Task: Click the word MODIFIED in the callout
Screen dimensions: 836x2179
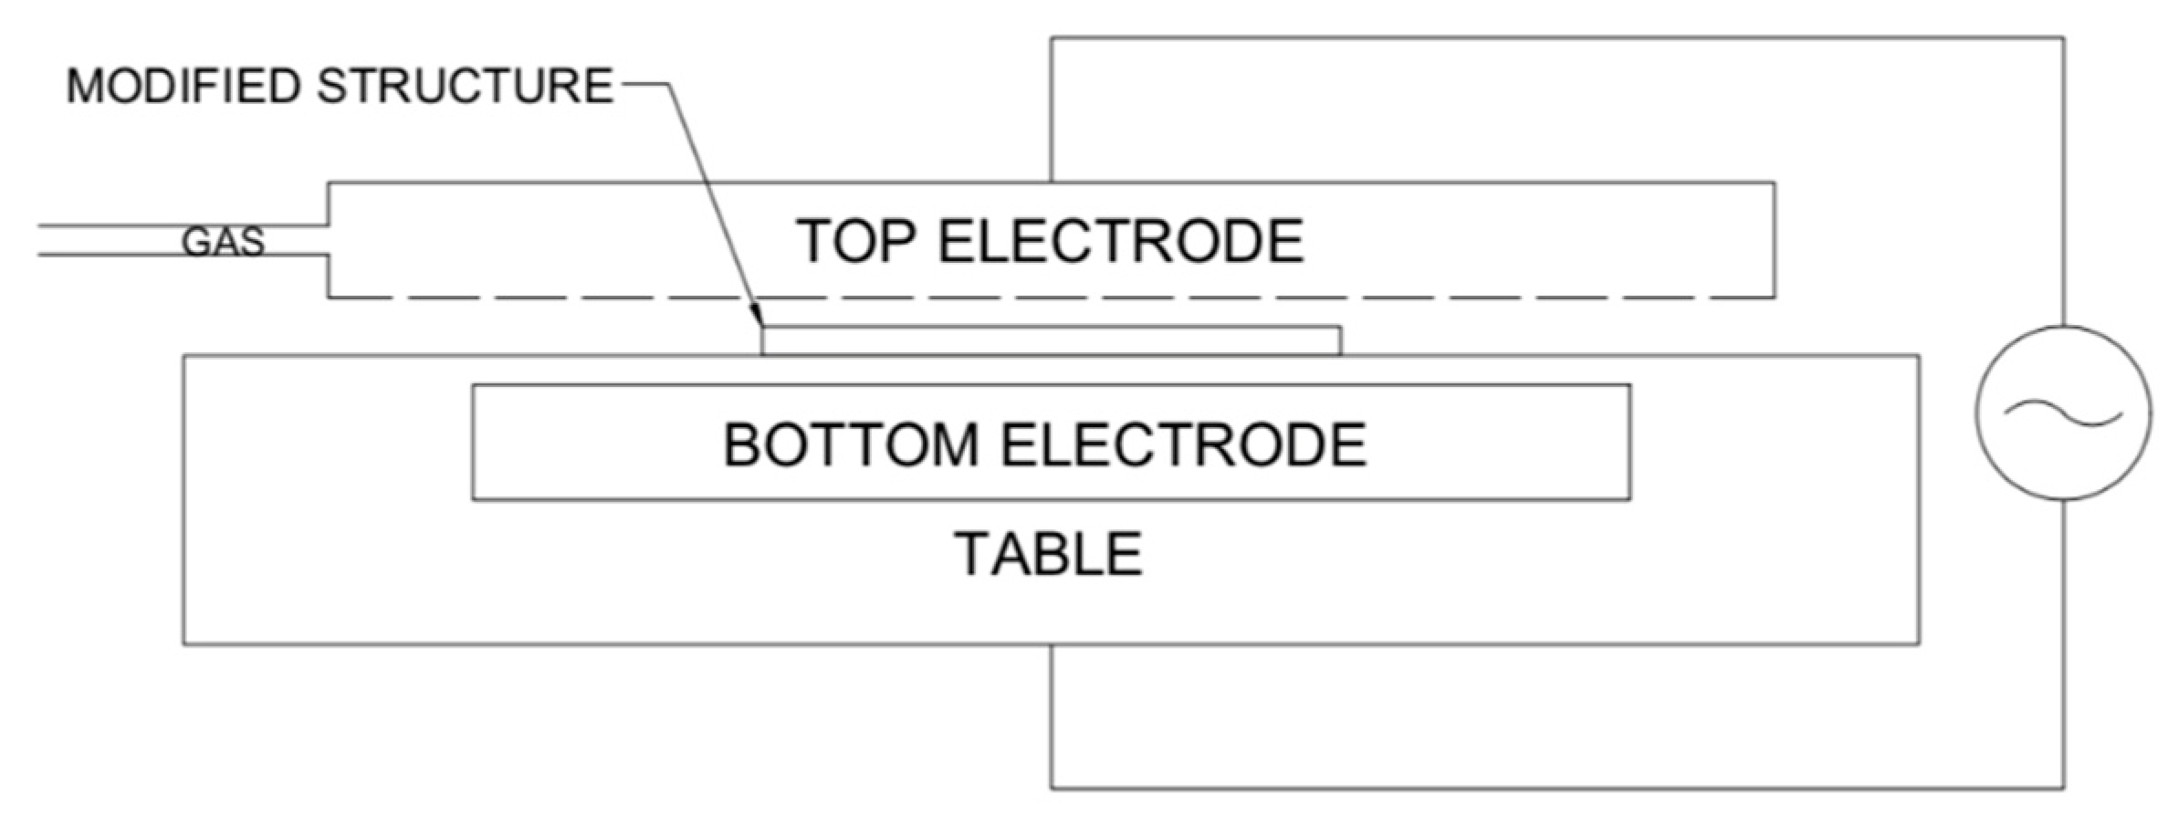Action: (x=183, y=87)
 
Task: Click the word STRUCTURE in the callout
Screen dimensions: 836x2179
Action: (x=465, y=87)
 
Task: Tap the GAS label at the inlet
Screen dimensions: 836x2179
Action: (x=223, y=242)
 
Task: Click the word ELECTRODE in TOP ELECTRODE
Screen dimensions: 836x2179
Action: (x=1121, y=241)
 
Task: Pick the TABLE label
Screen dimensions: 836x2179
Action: (x=1048, y=554)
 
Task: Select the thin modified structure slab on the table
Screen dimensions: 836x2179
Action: (x=1050, y=340)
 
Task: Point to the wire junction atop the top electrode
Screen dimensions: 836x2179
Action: (x=1052, y=183)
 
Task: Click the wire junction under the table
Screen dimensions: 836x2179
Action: (x=1052, y=645)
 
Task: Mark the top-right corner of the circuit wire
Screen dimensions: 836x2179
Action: (x=2063, y=38)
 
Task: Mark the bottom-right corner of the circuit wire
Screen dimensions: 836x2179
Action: (x=2063, y=788)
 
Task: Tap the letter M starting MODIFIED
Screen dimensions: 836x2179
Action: (x=85, y=87)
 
